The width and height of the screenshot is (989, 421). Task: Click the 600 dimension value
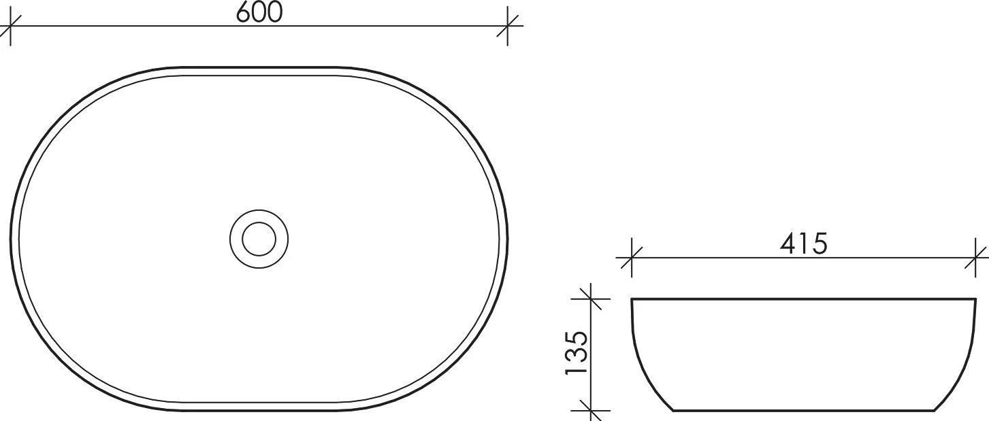pos(259,12)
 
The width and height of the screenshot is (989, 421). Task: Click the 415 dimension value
pos(803,243)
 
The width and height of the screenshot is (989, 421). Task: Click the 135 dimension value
pos(575,354)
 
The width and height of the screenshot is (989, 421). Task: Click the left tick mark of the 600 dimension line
pos(12,27)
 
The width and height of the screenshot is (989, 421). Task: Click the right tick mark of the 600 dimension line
pos(508,27)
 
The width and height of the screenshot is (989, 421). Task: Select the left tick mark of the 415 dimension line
pos(632,258)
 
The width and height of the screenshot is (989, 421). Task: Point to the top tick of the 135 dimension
pos(589,299)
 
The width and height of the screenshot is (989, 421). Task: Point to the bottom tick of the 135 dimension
pos(589,410)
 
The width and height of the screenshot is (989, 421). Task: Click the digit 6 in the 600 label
pos(244,12)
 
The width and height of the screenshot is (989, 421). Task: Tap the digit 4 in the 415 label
pos(790,243)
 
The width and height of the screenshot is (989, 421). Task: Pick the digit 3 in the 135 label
pos(575,354)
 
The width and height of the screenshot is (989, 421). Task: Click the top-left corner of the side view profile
pos(632,300)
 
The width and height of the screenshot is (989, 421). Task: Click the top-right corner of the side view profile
pos(975,300)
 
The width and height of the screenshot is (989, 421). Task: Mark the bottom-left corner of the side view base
pos(673,410)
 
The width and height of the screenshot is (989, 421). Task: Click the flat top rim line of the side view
pos(803,299)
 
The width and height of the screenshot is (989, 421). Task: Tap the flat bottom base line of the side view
pos(803,410)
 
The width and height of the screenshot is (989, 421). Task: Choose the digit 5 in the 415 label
pos(819,243)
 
